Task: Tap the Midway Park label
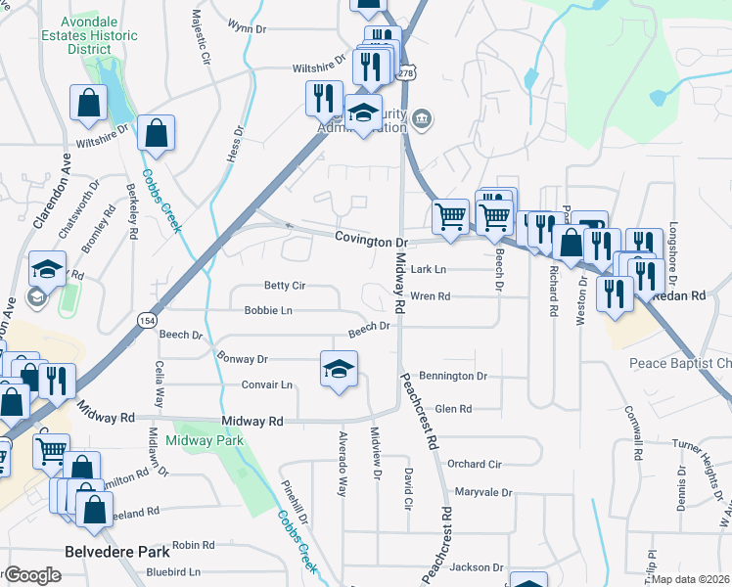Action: [x=204, y=441]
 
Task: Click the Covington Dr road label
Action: [x=370, y=240]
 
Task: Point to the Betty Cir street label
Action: [x=285, y=286]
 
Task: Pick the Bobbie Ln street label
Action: [x=268, y=311]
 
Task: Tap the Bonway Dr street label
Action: [x=242, y=359]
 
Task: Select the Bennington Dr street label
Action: [x=453, y=376]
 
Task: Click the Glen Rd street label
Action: [x=453, y=409]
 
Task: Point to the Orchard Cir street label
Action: [x=474, y=464]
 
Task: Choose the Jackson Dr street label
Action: [x=477, y=566]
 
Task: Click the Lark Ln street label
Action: [x=428, y=269]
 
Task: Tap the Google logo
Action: [x=31, y=575]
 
